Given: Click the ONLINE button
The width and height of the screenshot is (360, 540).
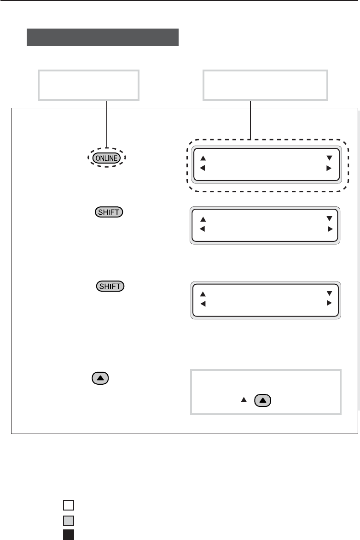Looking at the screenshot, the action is point(107,158).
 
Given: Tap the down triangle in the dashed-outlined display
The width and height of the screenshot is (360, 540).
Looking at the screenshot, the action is point(329,158).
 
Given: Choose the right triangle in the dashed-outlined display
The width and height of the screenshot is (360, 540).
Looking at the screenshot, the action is point(329,168).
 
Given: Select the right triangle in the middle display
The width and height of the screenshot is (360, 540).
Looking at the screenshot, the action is point(330,229).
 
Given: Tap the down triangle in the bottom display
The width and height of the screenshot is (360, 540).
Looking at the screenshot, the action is point(329,293).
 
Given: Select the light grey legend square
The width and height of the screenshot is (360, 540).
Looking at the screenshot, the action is point(69,521).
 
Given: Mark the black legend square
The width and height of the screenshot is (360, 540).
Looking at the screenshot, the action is point(69,534).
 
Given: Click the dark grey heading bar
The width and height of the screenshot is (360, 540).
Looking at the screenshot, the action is point(103,37).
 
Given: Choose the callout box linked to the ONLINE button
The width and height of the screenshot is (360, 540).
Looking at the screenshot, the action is point(88,85).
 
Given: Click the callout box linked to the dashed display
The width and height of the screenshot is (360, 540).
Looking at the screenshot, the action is point(266,85).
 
